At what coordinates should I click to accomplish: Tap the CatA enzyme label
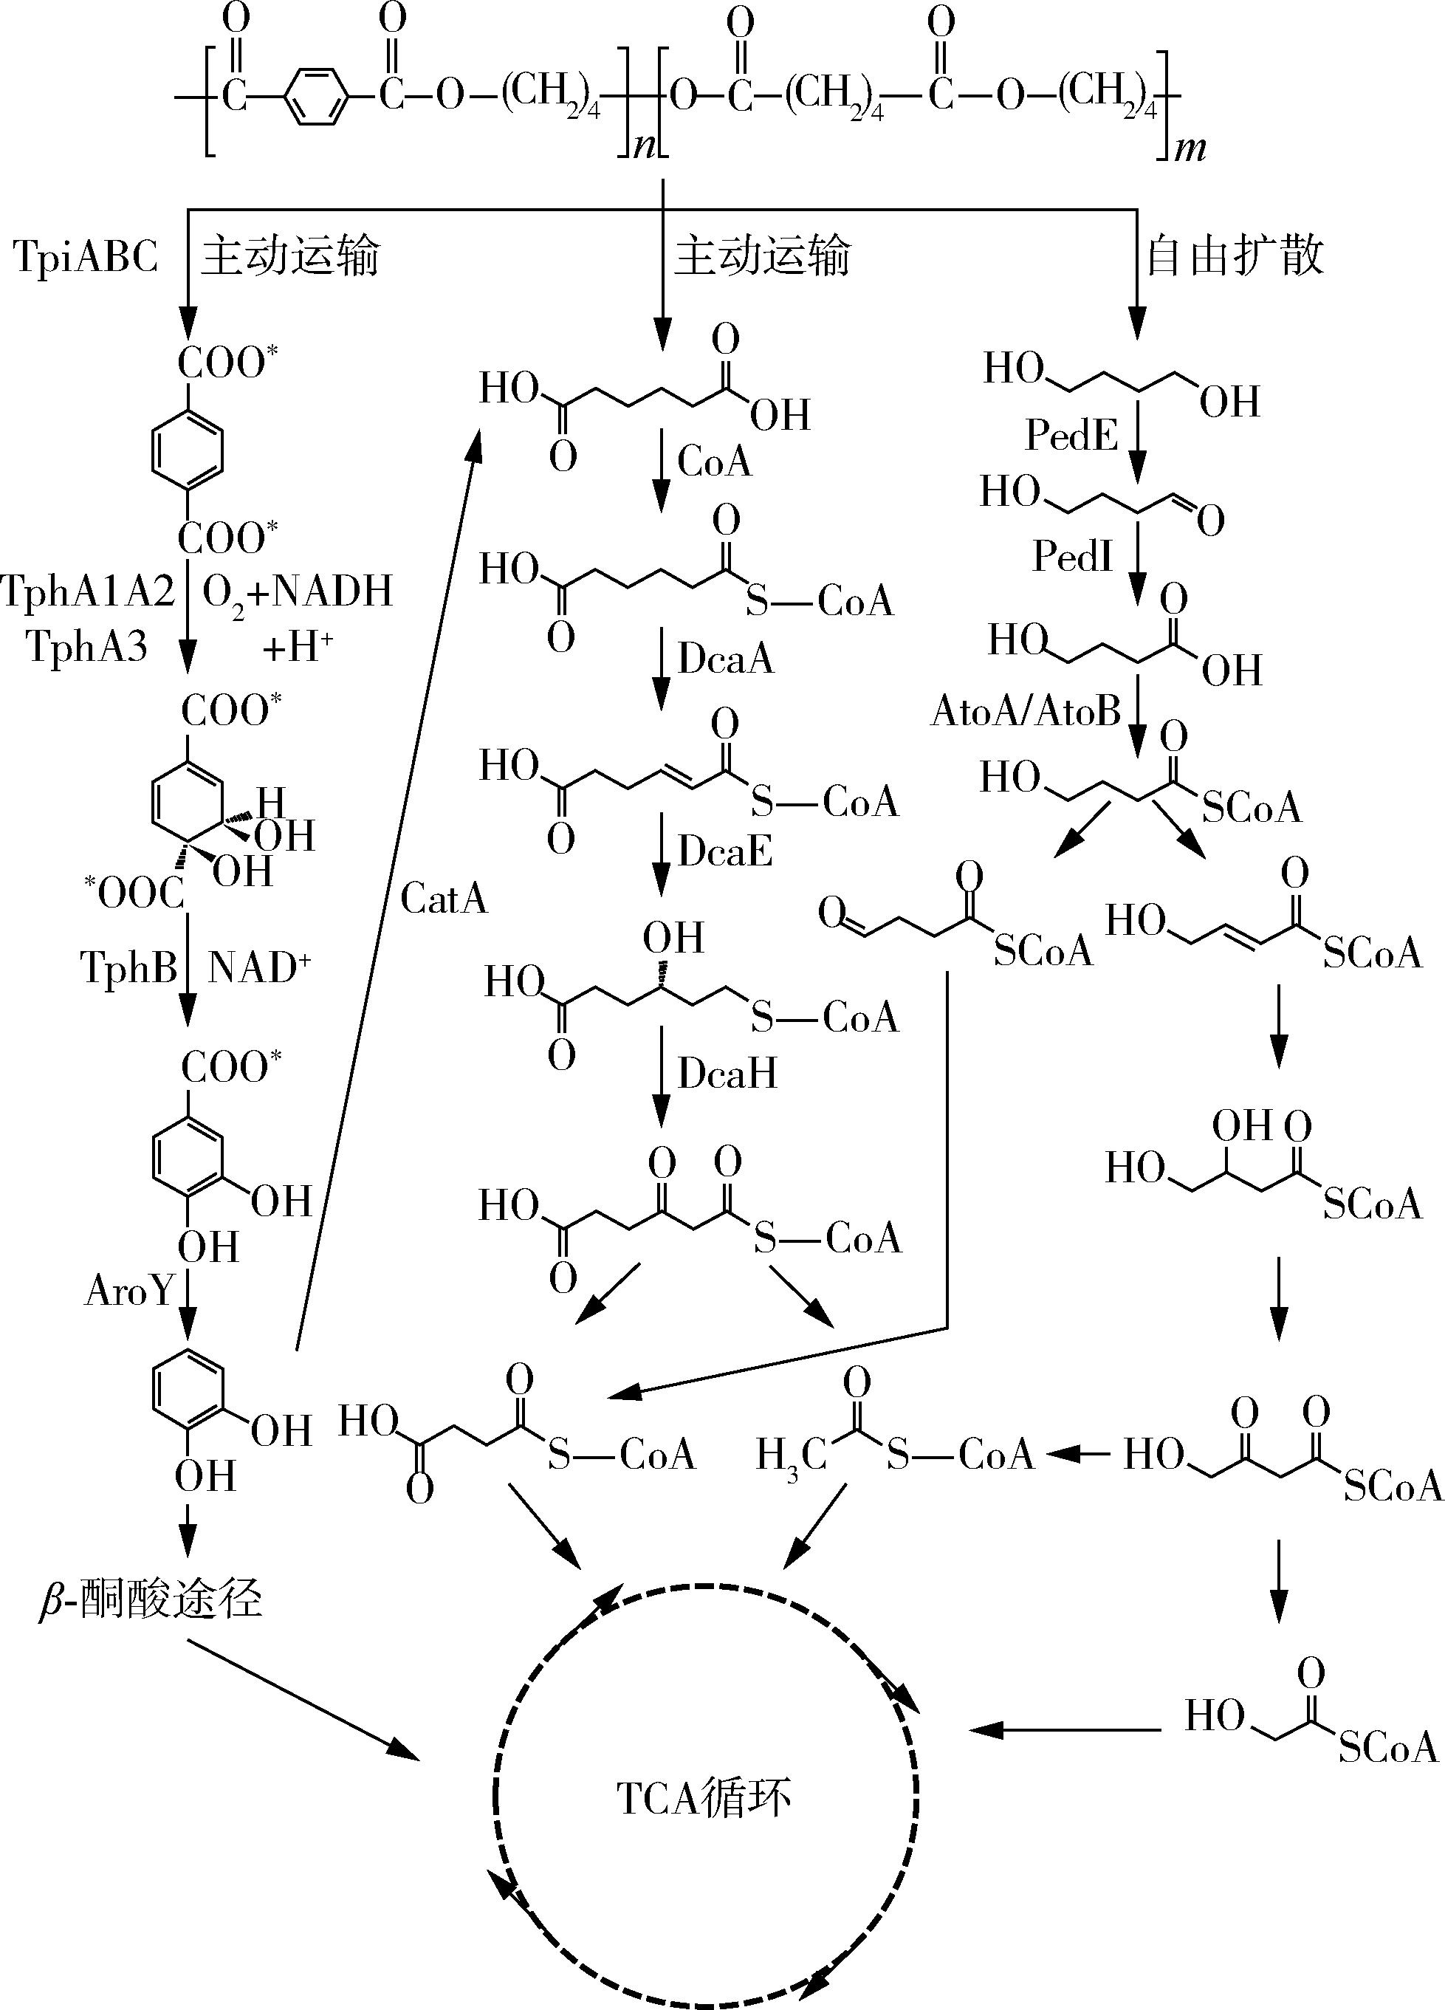point(444,899)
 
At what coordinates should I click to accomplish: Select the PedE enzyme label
point(1071,434)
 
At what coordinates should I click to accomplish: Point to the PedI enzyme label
point(1072,557)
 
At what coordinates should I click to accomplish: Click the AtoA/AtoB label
point(1025,711)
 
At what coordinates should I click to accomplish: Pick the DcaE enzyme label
point(724,851)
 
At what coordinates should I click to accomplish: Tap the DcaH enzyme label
point(727,1073)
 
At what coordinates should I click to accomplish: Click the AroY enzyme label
point(129,1292)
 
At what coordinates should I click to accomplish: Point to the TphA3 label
point(86,646)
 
